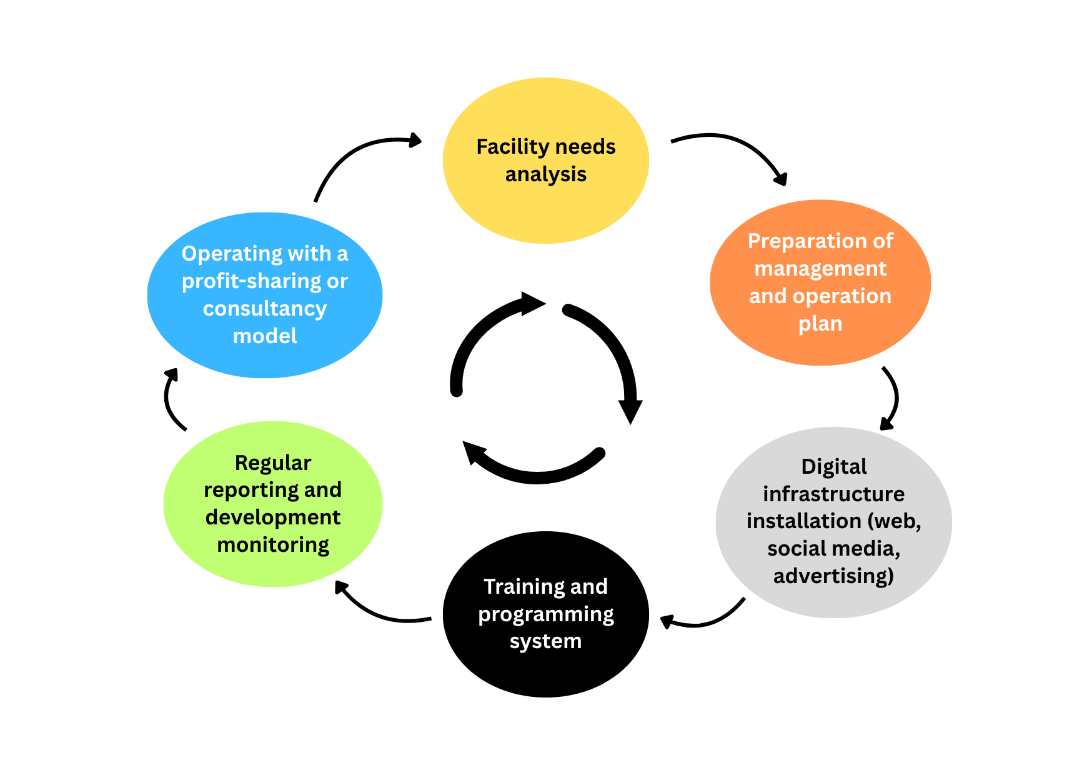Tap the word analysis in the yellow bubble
pos(545,174)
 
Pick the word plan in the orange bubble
pos(820,324)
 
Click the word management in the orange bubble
pos(820,269)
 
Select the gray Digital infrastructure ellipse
pos(833,600)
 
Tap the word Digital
pos(833,467)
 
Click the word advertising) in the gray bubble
pos(833,576)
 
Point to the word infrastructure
pos(833,494)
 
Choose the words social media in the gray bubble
pos(833,549)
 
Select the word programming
pos(545,614)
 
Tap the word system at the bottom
pos(545,641)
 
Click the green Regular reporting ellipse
pos(273,569)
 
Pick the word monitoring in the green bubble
pos(273,545)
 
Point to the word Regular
pos(273,463)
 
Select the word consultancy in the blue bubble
pos(265,309)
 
